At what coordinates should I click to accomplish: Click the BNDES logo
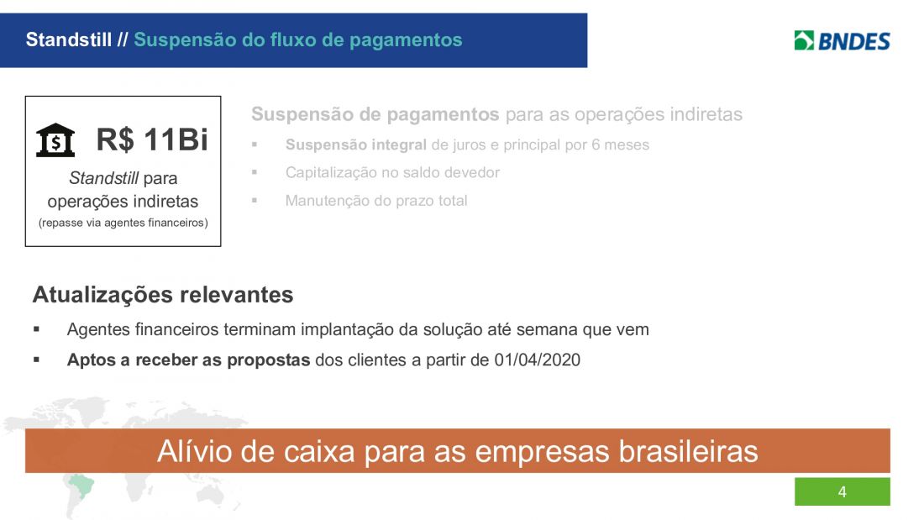(842, 40)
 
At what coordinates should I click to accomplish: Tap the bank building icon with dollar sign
(55, 140)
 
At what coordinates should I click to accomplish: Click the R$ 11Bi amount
(152, 139)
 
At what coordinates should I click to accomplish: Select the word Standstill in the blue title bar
(68, 39)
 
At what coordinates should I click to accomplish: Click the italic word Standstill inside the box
(103, 177)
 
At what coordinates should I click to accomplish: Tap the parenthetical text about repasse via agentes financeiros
(123, 223)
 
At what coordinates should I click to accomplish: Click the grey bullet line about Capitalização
(392, 172)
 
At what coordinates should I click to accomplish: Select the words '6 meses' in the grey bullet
(620, 144)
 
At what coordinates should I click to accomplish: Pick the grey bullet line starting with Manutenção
(376, 201)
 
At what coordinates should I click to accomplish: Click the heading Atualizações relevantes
(163, 294)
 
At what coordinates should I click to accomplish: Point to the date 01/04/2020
(537, 360)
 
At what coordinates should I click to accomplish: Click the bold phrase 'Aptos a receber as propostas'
(188, 360)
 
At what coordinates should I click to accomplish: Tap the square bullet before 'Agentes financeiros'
(36, 329)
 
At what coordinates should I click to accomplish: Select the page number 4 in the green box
(842, 491)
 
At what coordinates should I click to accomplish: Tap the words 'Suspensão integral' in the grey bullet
(356, 144)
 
